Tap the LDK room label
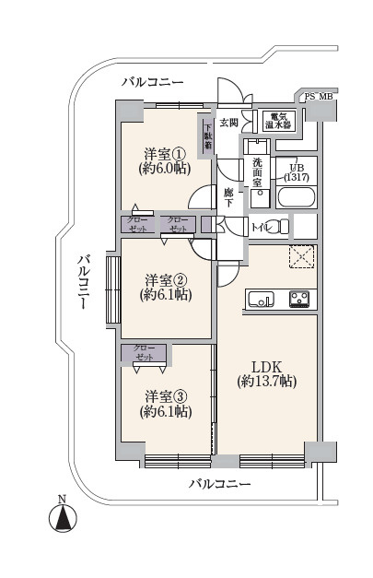[267, 373]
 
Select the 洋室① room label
[165, 160]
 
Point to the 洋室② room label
[166, 288]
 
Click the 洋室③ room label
[166, 404]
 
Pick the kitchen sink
[261, 299]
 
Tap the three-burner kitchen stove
[299, 299]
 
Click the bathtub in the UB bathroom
[297, 197]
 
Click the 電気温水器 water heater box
[279, 121]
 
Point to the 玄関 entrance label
[229, 123]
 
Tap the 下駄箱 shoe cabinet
[208, 136]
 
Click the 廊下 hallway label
[228, 197]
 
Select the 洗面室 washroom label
[257, 171]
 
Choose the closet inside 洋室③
[145, 353]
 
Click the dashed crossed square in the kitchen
[301, 256]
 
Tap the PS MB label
[319, 97]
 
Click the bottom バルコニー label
[220, 484]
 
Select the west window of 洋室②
[113, 289]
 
